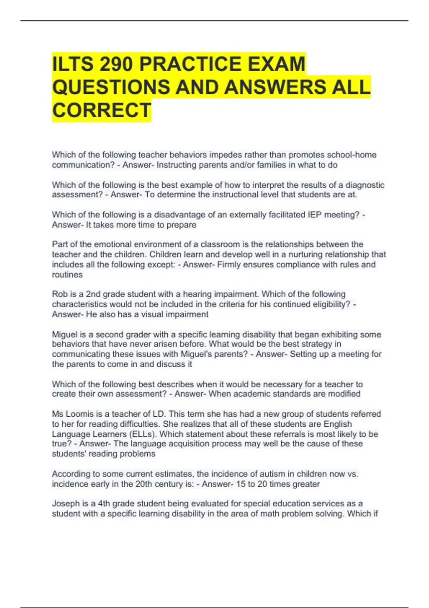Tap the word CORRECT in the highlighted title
click(x=102, y=110)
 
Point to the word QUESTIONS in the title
click(x=111, y=87)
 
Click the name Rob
click(x=60, y=294)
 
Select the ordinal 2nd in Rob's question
click(x=93, y=294)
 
